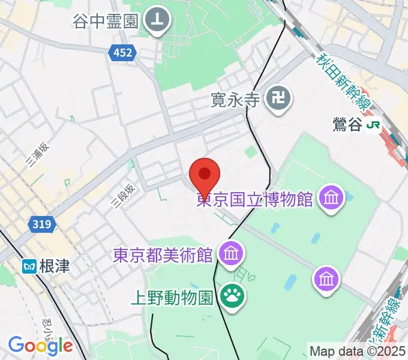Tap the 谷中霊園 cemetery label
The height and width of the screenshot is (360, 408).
coord(106,22)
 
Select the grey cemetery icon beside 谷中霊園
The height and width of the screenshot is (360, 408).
coord(158,22)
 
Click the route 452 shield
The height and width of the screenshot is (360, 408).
coord(122,54)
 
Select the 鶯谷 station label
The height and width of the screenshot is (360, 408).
coord(348,125)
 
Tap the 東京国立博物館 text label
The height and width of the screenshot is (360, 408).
coord(256,199)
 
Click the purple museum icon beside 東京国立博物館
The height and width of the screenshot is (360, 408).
coord(331,197)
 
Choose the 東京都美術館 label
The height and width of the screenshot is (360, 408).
coord(163,255)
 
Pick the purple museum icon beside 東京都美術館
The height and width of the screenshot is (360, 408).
coord(231,254)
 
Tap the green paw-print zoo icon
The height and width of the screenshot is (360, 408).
coord(231,295)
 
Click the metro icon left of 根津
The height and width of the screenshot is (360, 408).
coord(29,265)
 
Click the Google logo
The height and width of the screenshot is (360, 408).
coord(40,346)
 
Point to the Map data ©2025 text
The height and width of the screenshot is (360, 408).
coord(356,351)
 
